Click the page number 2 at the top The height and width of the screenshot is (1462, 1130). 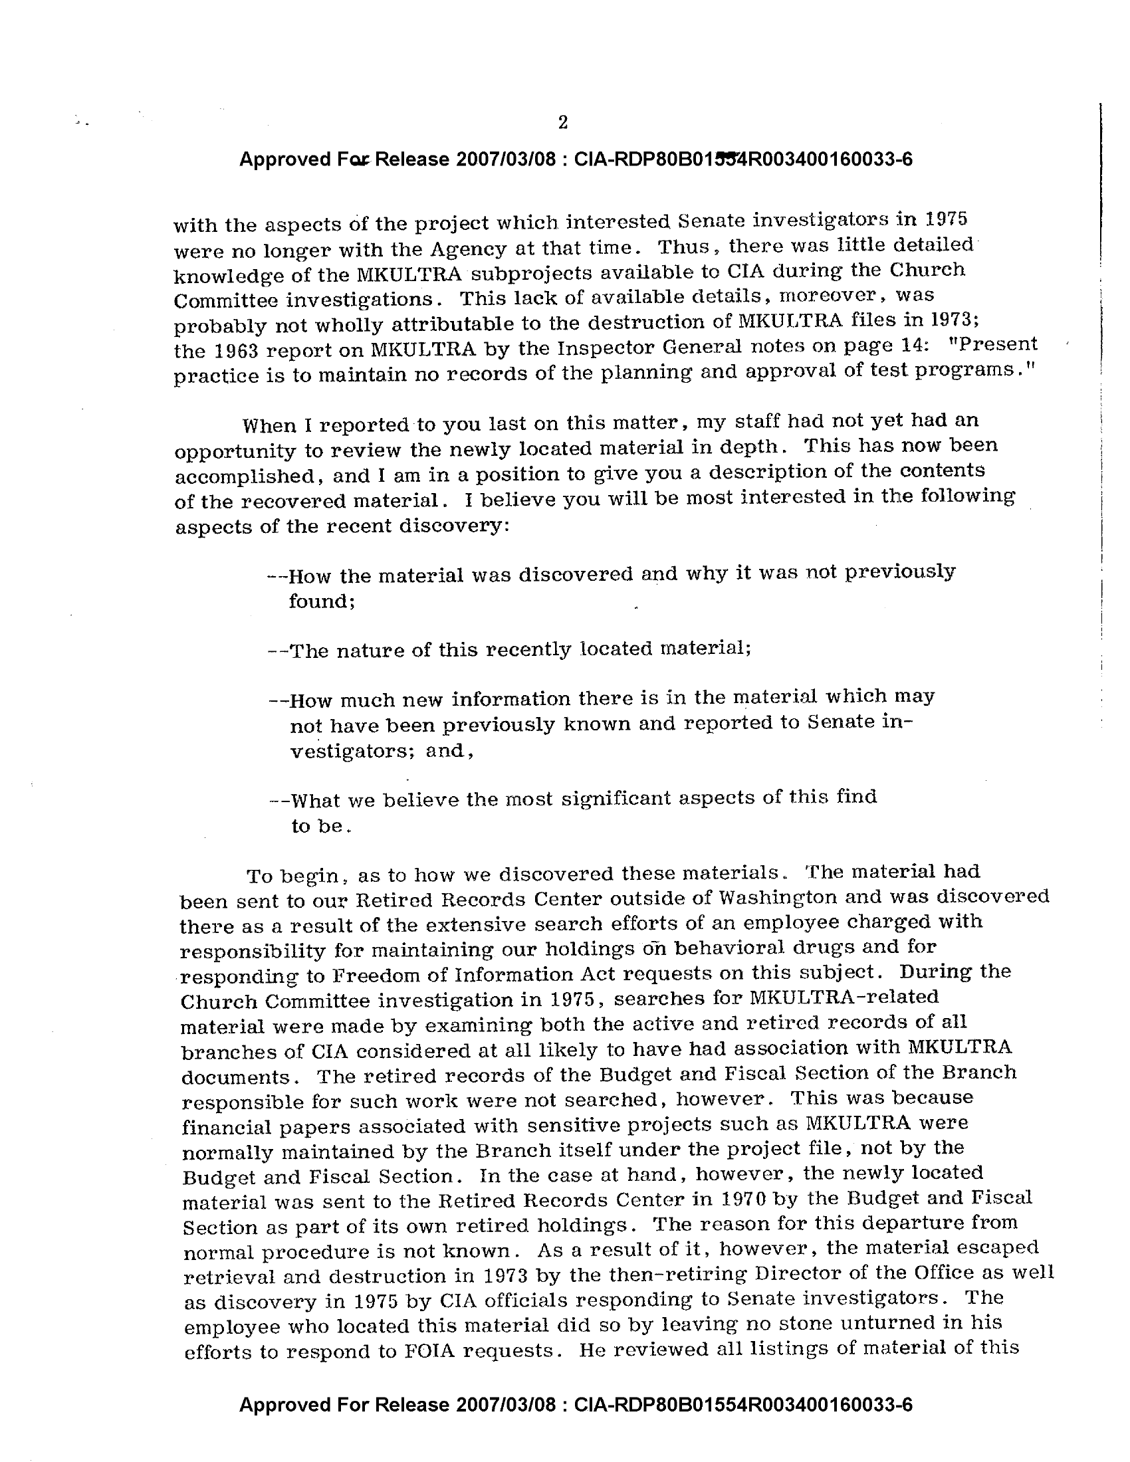click(562, 122)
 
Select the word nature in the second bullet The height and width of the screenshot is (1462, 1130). click(368, 650)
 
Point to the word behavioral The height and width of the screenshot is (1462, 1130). click(729, 947)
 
